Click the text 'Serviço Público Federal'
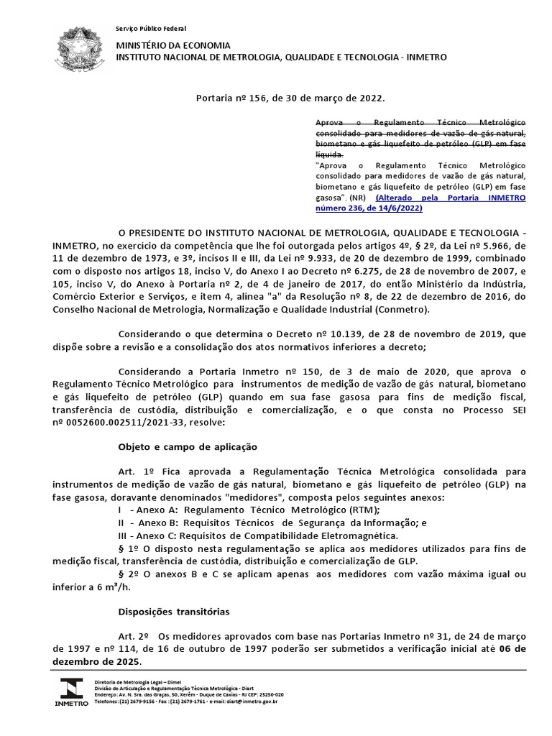click(x=151, y=28)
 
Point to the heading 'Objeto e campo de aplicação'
click(x=187, y=446)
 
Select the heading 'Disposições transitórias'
click(x=173, y=612)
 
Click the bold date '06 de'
click(x=512, y=649)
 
